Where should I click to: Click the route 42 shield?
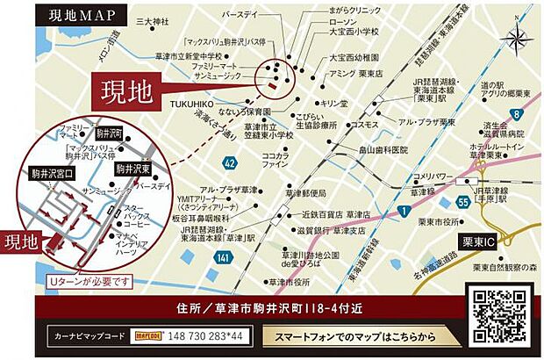229,162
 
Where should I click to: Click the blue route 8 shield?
519,114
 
